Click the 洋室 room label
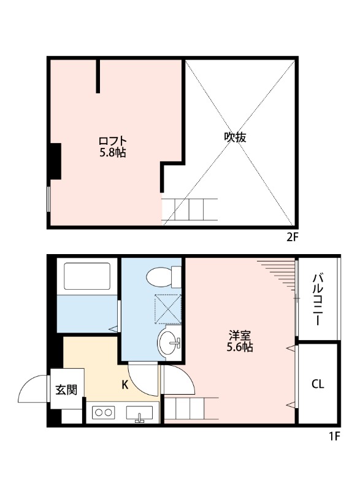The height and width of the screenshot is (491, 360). pyautogui.click(x=240, y=336)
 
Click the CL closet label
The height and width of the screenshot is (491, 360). pyautogui.click(x=317, y=385)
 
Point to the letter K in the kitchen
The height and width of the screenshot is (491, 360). pyautogui.click(x=124, y=385)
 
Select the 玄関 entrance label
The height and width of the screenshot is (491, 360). pyautogui.click(x=66, y=389)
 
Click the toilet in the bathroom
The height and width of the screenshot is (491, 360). pyautogui.click(x=163, y=277)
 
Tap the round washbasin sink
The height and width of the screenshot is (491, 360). pyautogui.click(x=169, y=342)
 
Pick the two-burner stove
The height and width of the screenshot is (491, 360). pyautogui.click(x=104, y=413)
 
